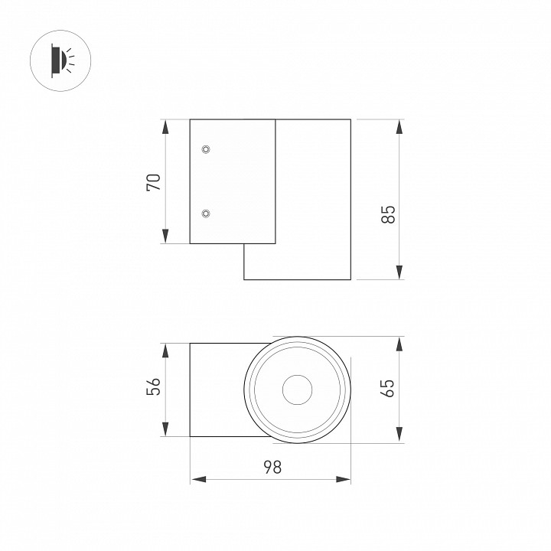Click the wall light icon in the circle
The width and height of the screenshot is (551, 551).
(60, 58)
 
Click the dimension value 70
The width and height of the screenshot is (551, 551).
(154, 182)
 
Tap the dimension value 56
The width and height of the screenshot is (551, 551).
(154, 387)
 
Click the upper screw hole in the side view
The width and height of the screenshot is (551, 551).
(205, 148)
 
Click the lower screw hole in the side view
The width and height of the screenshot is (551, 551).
(205, 214)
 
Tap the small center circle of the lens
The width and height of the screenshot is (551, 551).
(298, 390)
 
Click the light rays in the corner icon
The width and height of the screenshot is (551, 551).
(70, 57)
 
